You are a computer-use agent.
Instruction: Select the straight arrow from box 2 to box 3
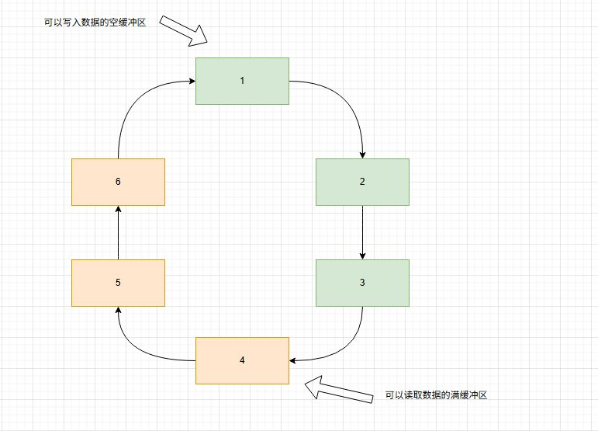tap(362, 232)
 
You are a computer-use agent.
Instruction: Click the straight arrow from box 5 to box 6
tap(118, 232)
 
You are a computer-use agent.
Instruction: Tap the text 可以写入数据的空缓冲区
tap(95, 23)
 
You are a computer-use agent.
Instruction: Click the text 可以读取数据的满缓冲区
tap(436, 395)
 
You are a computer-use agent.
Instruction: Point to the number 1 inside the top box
tap(242, 81)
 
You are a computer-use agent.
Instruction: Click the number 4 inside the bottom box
tap(242, 360)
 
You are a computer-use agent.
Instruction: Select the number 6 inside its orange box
tap(118, 182)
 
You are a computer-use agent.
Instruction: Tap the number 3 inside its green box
tap(362, 283)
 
